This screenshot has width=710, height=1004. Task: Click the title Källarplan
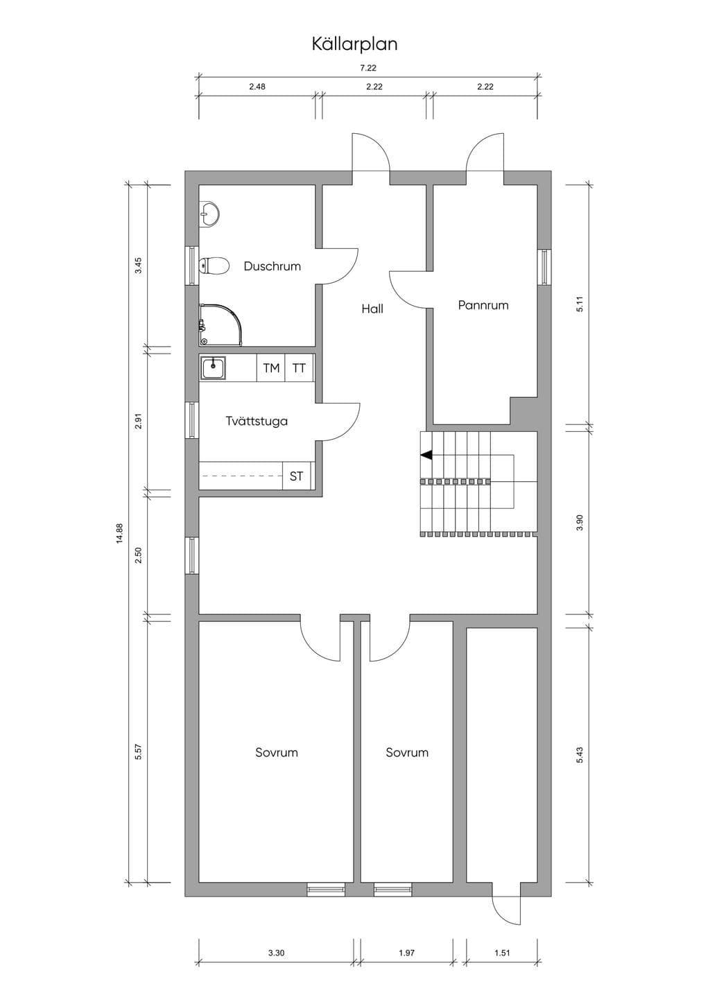coord(354,44)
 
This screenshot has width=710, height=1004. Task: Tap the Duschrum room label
coord(272,266)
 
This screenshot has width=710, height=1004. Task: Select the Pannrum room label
coord(483,305)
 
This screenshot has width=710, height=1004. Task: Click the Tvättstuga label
coord(257,422)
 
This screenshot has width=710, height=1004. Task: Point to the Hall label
coord(372,309)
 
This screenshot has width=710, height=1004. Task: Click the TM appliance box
coord(270,368)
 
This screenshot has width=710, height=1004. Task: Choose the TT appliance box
coord(299,368)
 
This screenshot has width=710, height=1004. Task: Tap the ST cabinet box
coord(296,476)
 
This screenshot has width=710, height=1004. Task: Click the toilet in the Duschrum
coord(214,266)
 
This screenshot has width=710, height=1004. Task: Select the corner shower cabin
coord(220,325)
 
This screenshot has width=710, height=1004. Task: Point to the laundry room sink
coord(214,368)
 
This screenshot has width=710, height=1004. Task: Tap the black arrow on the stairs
coord(426,456)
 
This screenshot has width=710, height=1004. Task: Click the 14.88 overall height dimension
coord(119,533)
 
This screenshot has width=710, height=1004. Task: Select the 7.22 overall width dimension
coord(368,68)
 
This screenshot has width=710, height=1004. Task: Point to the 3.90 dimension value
coord(580,523)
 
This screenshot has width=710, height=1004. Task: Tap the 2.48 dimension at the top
coord(257,87)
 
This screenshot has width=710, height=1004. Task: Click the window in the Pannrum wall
coord(544,267)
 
